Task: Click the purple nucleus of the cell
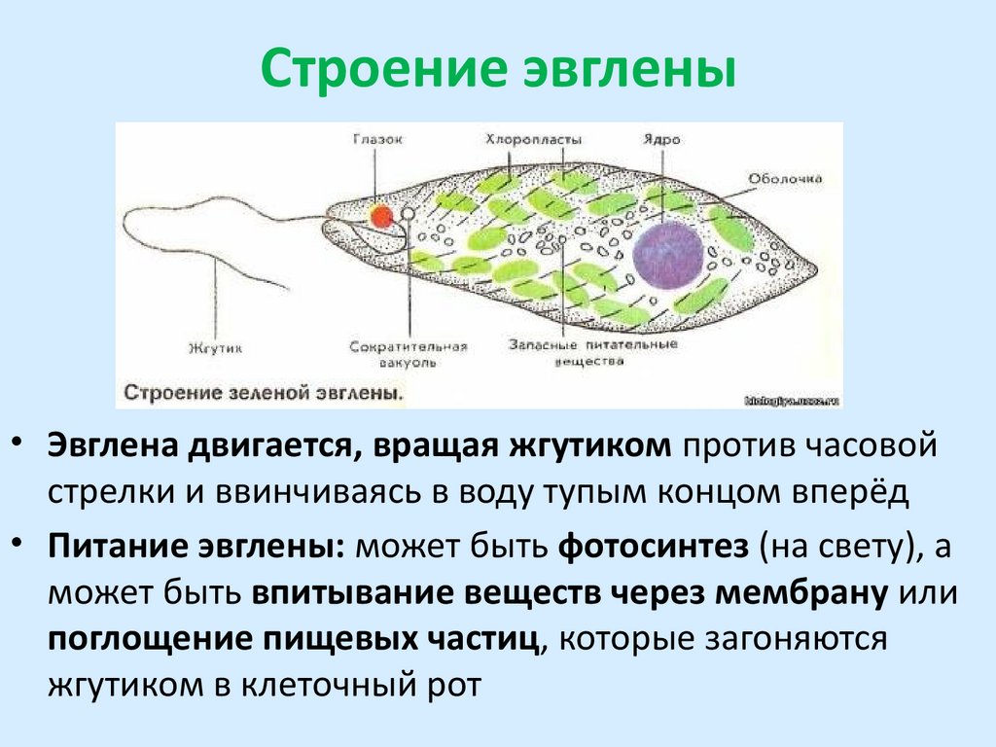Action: coord(668,253)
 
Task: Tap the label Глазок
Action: coord(375,139)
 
